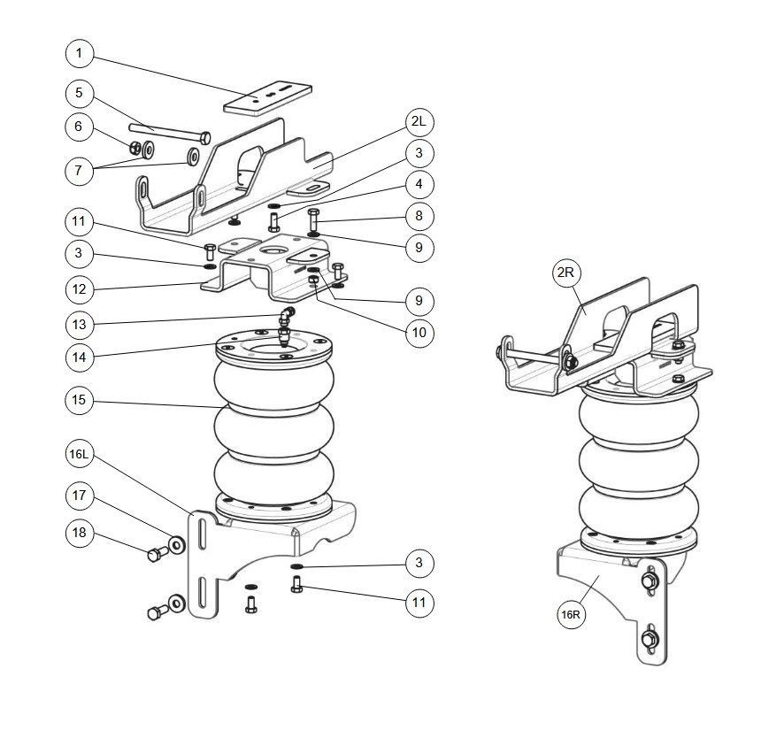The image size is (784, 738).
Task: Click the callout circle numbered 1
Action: [79, 53]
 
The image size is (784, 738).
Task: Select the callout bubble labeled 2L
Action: [419, 121]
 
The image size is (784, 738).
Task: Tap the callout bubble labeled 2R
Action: [566, 273]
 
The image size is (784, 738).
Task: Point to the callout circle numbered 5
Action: [79, 93]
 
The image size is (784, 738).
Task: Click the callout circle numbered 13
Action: [79, 325]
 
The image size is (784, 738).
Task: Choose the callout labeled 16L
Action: [79, 454]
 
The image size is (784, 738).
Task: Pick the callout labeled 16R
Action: [571, 614]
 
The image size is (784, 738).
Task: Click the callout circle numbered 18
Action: [79, 533]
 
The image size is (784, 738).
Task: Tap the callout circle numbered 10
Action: [419, 333]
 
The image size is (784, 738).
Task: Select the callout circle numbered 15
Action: [79, 400]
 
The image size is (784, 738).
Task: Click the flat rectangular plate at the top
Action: [267, 98]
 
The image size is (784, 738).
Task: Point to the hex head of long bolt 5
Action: [205, 137]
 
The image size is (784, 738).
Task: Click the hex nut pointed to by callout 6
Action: [135, 148]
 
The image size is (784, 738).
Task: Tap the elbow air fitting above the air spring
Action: [287, 316]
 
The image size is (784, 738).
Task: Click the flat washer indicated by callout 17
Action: [176, 544]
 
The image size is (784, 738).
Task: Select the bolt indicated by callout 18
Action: [157, 553]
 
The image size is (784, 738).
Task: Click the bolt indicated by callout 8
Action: [313, 220]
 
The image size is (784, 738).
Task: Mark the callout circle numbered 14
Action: [79, 357]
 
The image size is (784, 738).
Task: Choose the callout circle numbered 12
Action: [79, 289]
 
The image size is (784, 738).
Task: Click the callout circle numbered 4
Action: [419, 184]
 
